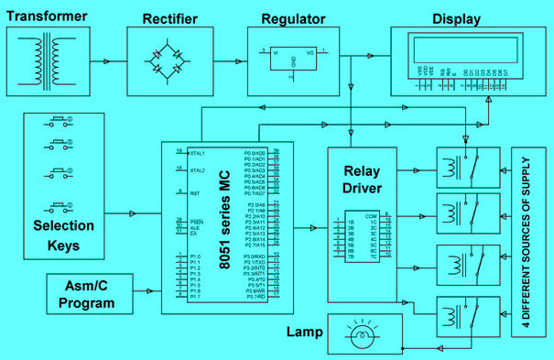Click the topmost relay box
pos(467,168)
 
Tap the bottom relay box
pos(467,318)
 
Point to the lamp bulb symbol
pos(363,336)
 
